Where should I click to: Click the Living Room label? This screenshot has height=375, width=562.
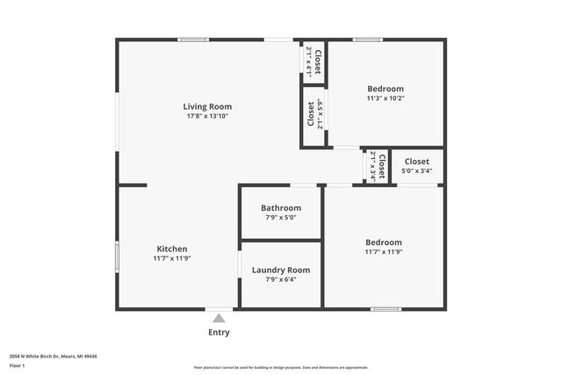tap(207, 106)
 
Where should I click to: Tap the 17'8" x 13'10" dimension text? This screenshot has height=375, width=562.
tap(207, 116)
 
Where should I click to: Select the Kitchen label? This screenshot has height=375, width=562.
tap(172, 249)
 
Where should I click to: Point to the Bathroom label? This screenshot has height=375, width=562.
tap(280, 208)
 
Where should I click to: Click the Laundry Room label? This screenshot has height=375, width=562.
tap(281, 270)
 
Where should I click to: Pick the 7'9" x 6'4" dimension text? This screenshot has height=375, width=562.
tap(281, 279)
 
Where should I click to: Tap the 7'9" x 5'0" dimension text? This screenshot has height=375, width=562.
tap(280, 218)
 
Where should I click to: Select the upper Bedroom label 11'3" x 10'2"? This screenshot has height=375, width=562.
tap(385, 89)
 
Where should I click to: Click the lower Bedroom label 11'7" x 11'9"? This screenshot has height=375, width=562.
tap(384, 242)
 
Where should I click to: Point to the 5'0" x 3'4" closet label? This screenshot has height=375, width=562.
tap(416, 166)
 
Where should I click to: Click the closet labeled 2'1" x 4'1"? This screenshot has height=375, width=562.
tap(313, 61)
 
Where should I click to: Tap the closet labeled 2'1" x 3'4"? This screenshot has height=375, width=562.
tap(377, 166)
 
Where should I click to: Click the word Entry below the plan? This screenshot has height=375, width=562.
tap(219, 332)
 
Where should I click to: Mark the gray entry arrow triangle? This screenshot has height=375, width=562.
tap(219, 318)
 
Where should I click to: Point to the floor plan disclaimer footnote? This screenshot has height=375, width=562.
tap(281, 367)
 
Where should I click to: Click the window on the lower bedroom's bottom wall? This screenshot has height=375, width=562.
tap(385, 309)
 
